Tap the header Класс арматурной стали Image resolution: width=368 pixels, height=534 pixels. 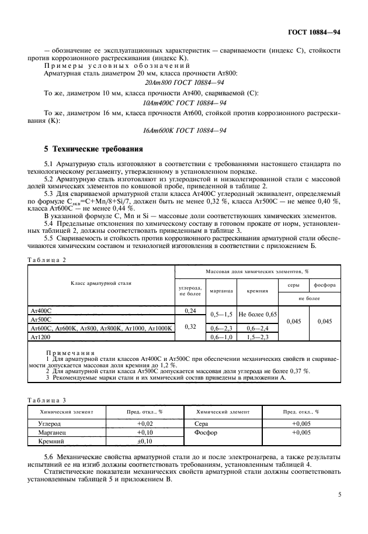(102, 283)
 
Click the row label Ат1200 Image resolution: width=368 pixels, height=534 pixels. (38, 337)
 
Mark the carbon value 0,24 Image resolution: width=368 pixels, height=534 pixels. (189, 311)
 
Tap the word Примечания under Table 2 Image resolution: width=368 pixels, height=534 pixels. (64, 353)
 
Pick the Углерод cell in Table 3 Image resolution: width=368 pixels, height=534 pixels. (50, 422)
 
